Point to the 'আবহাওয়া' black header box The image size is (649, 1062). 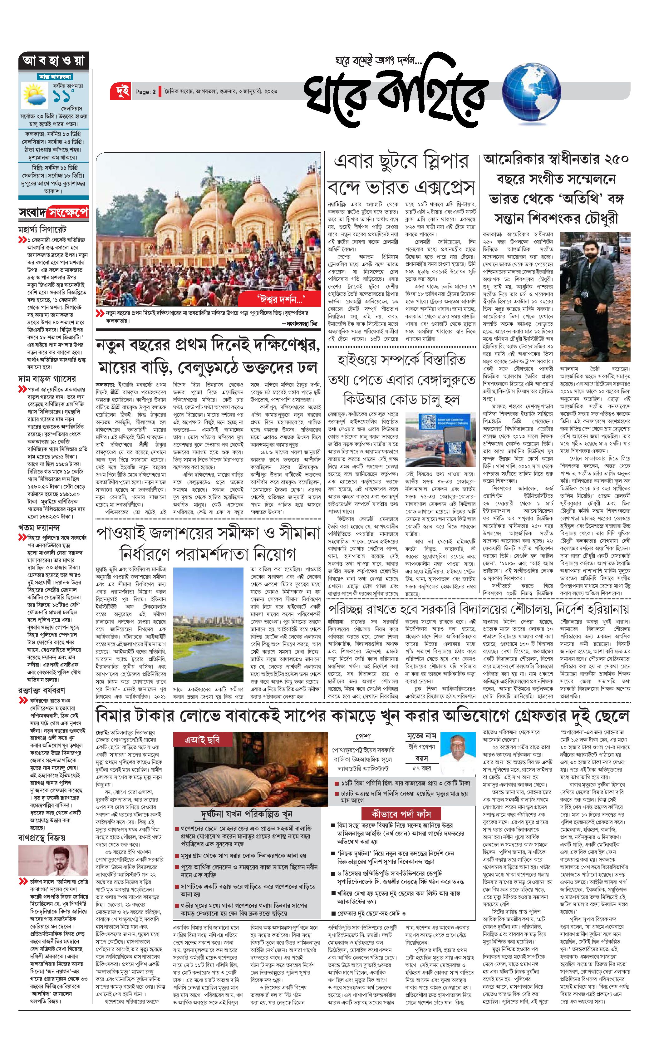53,61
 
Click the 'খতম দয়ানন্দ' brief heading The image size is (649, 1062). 39,527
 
